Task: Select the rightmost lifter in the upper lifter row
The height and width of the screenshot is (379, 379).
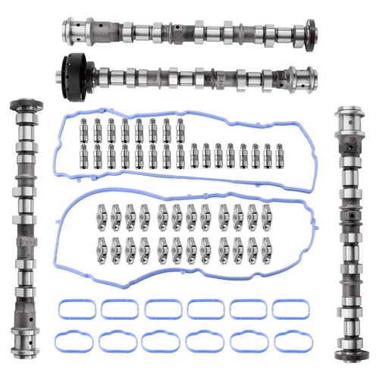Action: [180, 129]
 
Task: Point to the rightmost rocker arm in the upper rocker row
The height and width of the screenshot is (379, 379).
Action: [264, 217]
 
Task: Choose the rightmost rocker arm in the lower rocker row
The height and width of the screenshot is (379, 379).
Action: [264, 248]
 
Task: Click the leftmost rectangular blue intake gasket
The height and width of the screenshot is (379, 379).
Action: [77, 309]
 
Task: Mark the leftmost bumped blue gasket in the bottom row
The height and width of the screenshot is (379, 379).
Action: [77, 341]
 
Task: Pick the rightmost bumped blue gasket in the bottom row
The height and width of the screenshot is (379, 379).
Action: [292, 341]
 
